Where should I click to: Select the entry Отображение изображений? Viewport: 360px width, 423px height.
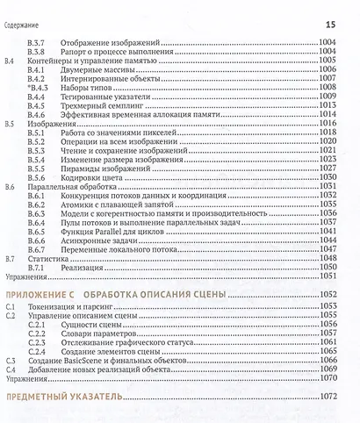[x=110, y=41]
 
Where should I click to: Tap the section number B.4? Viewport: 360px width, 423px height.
[x=10, y=61]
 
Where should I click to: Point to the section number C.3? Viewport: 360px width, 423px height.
[x=10, y=361]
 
